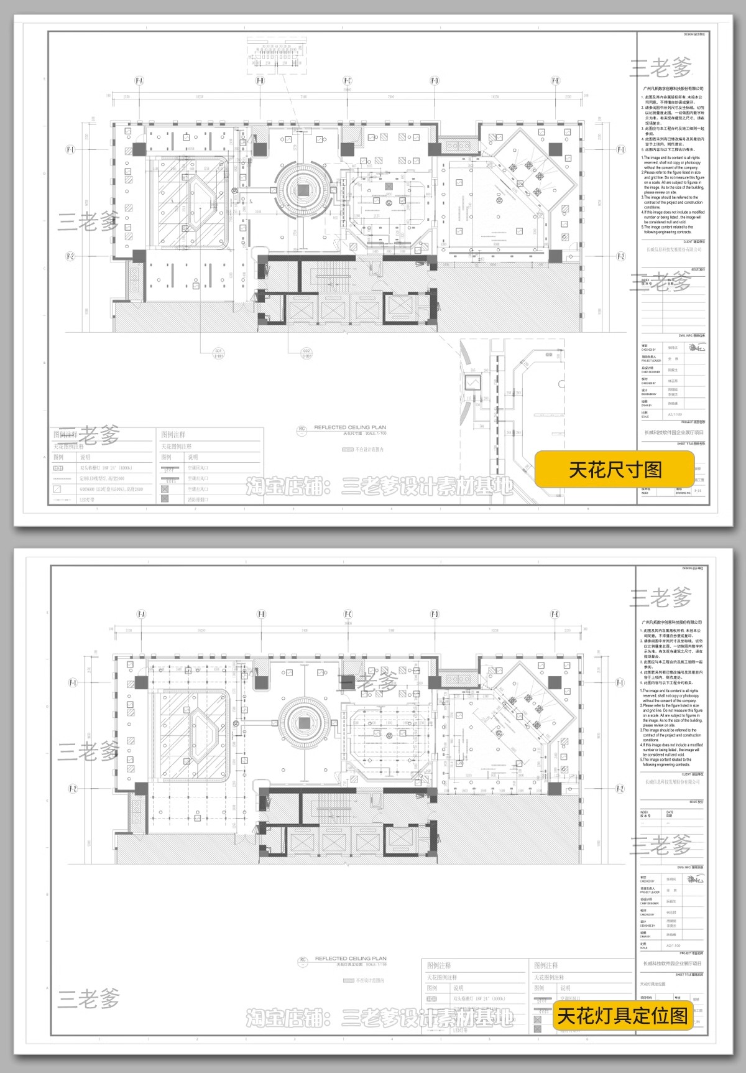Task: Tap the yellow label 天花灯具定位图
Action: (622, 1016)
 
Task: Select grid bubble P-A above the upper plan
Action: (139, 81)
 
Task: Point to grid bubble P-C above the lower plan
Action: (348, 615)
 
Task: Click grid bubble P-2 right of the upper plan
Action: (620, 256)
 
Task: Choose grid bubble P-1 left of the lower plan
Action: (72, 682)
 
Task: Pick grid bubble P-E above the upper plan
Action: (555, 81)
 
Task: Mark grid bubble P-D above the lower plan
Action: (434, 615)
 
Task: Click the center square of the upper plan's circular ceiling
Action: (303, 190)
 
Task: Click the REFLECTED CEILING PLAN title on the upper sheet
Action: (350, 428)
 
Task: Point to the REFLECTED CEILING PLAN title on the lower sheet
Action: (351, 959)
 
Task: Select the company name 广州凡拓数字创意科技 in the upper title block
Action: (672, 89)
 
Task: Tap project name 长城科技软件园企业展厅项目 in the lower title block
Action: (671, 963)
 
